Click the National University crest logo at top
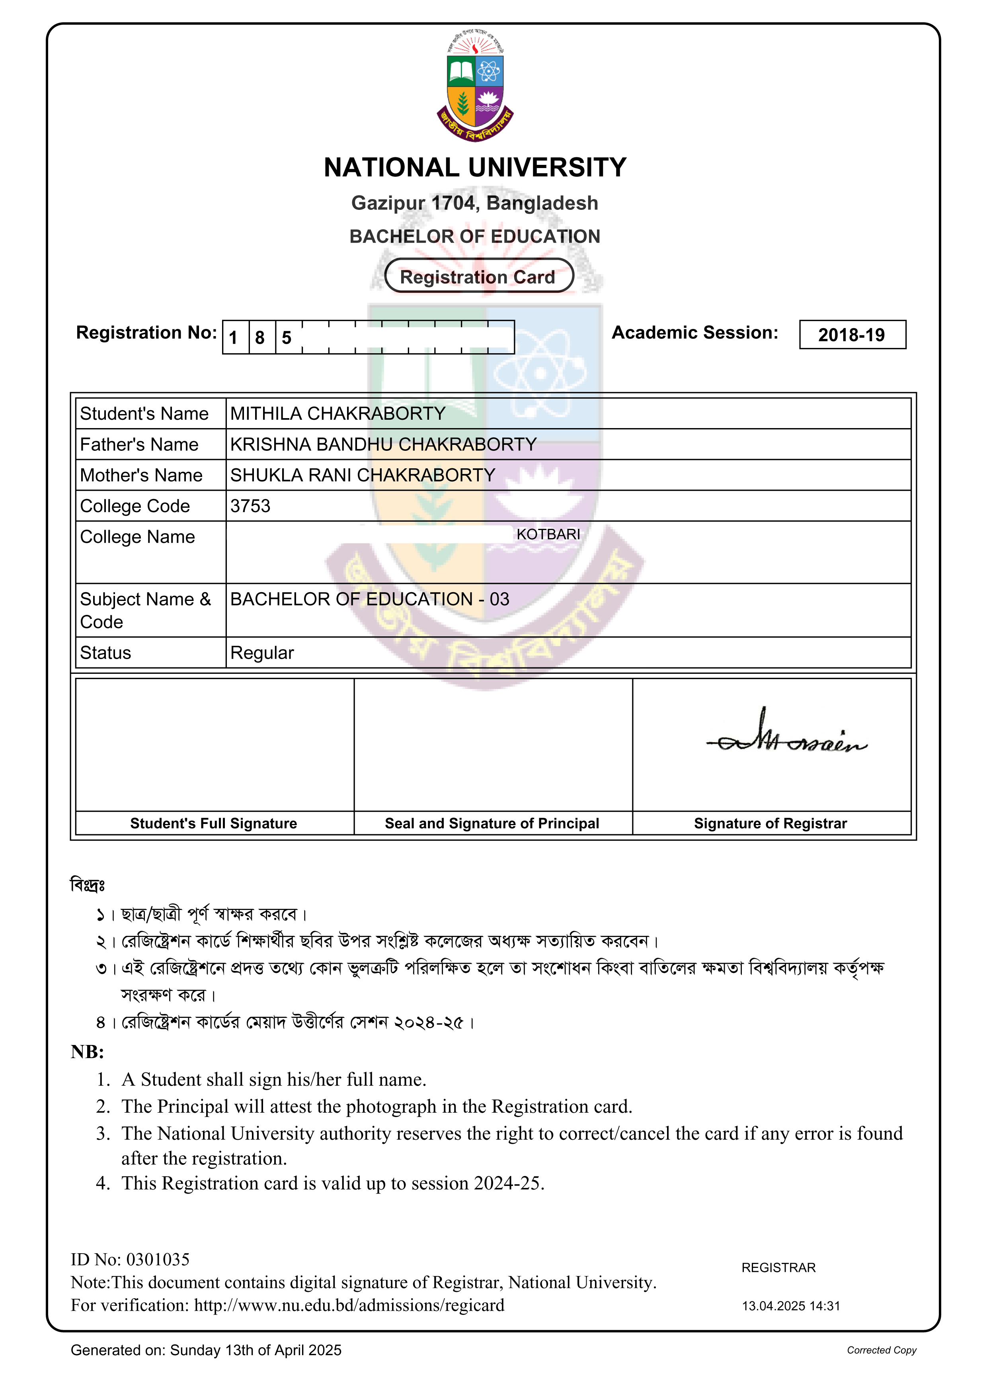[x=475, y=86]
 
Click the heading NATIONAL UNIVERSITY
[x=475, y=167]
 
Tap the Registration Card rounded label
[x=478, y=277]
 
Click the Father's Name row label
[x=139, y=445]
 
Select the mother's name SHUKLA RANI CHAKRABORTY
[x=363, y=475]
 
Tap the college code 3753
[x=250, y=506]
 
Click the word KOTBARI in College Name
[x=548, y=534]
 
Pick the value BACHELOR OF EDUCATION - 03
[x=369, y=599]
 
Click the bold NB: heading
[x=88, y=1052]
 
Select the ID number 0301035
[x=158, y=1260]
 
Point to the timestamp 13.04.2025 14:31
[x=790, y=1306]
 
